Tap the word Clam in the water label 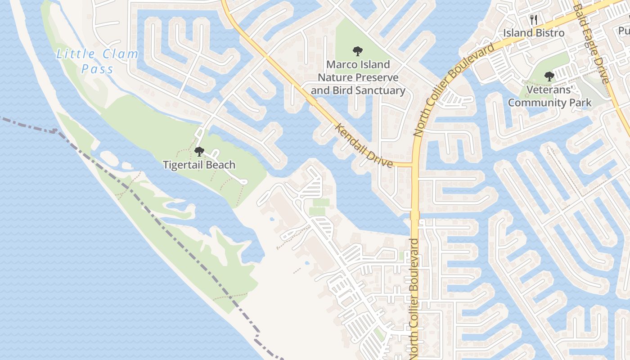pyautogui.click(x=121, y=55)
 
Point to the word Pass pyautogui.click(x=98, y=69)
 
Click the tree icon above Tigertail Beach pyautogui.click(x=199, y=152)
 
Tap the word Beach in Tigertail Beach pyautogui.click(x=221, y=165)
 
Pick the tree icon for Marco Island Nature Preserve pyautogui.click(x=358, y=51)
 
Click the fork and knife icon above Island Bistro pyautogui.click(x=534, y=19)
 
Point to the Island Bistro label pyautogui.click(x=534, y=33)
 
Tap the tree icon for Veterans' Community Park pyautogui.click(x=549, y=76)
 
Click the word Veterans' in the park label pyautogui.click(x=549, y=90)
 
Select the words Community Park pyautogui.click(x=549, y=103)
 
